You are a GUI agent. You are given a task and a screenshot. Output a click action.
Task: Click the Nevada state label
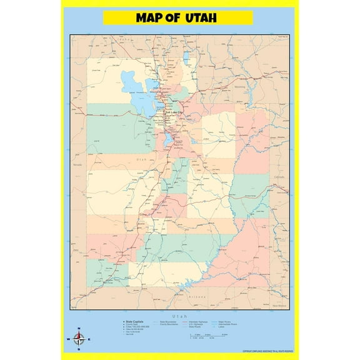click(x=77, y=164)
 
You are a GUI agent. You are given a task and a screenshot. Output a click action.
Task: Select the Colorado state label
click(x=279, y=177)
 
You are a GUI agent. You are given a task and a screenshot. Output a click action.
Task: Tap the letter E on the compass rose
click(x=89, y=340)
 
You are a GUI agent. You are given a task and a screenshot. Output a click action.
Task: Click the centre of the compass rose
click(x=78, y=339)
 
